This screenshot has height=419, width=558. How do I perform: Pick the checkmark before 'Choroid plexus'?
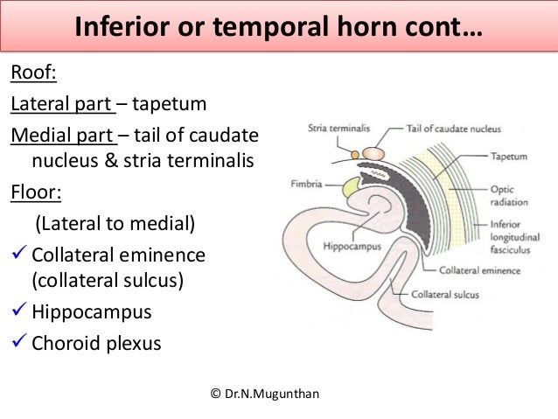point(19,343)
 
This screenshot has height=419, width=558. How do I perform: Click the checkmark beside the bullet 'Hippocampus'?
point(19,312)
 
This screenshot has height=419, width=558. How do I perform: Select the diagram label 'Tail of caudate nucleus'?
point(453,129)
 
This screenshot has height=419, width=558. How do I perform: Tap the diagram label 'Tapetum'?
point(509,157)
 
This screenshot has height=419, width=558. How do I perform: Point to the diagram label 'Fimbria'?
point(307,185)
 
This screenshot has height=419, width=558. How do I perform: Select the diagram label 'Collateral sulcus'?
point(445,295)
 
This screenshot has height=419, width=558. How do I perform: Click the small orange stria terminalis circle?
point(355,154)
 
